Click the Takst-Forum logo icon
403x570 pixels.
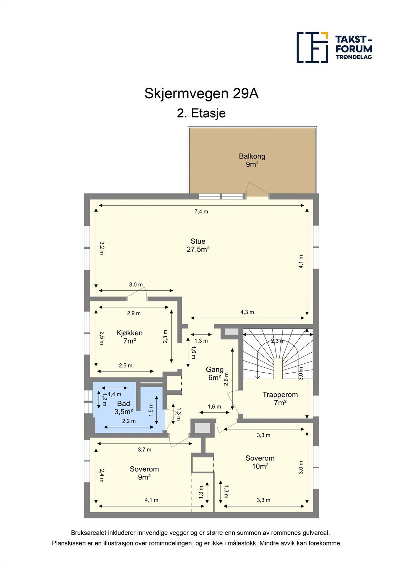point(312,47)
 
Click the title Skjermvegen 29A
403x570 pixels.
point(201,94)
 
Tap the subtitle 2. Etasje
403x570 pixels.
point(201,113)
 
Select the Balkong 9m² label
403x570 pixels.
point(252,160)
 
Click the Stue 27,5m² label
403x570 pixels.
point(198,245)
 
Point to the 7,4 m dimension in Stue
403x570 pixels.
point(201,211)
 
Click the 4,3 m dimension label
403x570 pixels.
point(247,312)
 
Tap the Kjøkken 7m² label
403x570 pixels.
point(129,337)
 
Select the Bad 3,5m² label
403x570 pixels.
point(124,408)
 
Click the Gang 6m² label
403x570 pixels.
point(215,373)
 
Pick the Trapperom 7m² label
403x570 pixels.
point(280,398)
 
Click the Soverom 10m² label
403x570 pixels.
point(260,462)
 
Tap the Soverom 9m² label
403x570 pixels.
point(144,473)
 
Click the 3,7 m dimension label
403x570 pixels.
point(144,450)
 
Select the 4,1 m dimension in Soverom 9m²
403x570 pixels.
point(151,500)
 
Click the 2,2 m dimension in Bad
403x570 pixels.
point(129,421)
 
